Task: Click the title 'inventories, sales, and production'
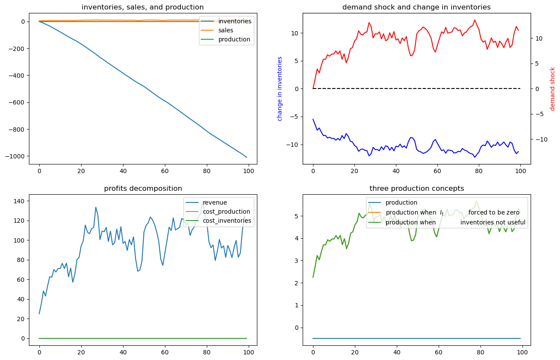(x=142, y=7)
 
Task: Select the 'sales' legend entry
(x=225, y=30)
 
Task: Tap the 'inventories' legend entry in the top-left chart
(x=235, y=21)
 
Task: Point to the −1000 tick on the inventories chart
(x=17, y=156)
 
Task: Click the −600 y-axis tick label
(x=17, y=102)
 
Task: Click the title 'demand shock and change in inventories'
(x=417, y=7)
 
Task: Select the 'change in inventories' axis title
(x=280, y=89)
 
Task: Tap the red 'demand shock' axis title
(x=552, y=89)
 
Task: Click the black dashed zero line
(x=417, y=88)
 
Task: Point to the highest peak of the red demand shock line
(x=475, y=20)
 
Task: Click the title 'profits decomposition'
(x=143, y=189)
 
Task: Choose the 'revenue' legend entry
(x=215, y=202)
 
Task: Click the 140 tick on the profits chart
(x=19, y=201)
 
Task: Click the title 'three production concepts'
(x=417, y=189)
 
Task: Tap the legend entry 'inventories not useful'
(x=493, y=222)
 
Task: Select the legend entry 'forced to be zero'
(x=494, y=212)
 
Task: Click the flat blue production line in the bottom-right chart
(x=417, y=338)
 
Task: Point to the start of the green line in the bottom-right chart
(x=313, y=277)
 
